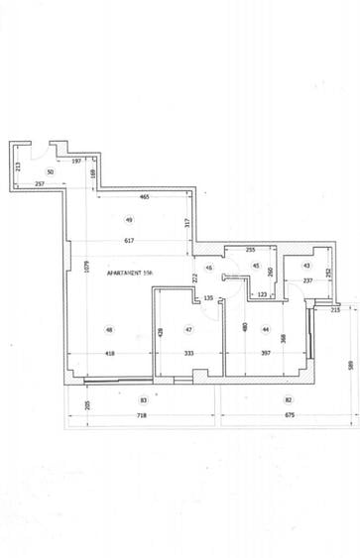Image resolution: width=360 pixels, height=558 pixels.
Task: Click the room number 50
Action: (50, 171)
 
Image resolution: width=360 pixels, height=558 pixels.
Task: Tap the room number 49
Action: (129, 219)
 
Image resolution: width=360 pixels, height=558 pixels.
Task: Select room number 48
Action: (108, 330)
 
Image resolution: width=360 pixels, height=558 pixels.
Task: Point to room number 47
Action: (188, 329)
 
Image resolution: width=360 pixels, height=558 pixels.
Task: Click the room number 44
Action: (266, 329)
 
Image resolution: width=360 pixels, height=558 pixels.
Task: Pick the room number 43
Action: (306, 266)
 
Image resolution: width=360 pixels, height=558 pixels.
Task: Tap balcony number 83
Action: (144, 399)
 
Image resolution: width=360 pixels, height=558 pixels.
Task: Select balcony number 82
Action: (289, 399)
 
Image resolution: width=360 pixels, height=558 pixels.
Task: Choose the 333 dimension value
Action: (187, 353)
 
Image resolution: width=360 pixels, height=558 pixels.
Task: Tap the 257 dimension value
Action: (41, 184)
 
